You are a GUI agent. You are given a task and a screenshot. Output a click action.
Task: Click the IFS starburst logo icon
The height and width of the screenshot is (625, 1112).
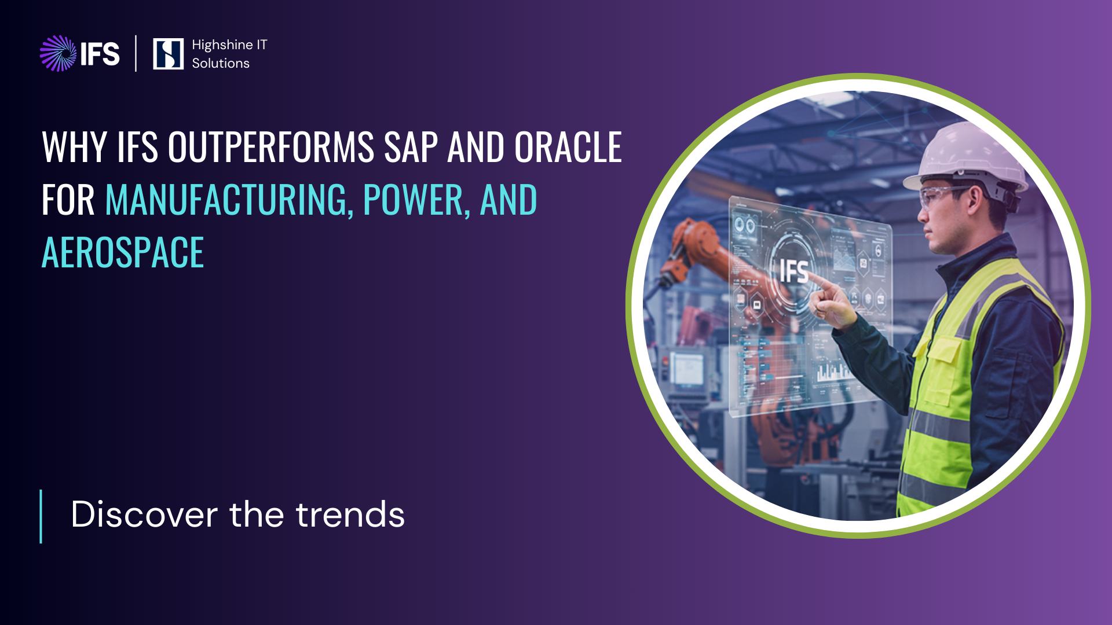pyautogui.click(x=58, y=53)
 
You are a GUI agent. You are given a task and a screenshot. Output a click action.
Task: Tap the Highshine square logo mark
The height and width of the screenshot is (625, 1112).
pyautogui.click(x=168, y=54)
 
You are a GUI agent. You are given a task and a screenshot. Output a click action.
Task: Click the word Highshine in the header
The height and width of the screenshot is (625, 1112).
pyautogui.click(x=222, y=46)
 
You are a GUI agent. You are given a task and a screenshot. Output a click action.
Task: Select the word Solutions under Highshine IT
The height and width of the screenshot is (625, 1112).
pyautogui.click(x=221, y=63)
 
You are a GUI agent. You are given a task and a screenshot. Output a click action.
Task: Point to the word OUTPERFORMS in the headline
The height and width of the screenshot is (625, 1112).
pyautogui.click(x=271, y=147)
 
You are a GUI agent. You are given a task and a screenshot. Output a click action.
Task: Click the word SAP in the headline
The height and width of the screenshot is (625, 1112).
pyautogui.click(x=411, y=147)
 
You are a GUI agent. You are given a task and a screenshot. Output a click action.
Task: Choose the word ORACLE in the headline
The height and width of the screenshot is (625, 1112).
pyautogui.click(x=568, y=147)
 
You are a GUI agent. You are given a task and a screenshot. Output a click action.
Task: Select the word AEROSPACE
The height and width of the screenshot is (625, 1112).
pyautogui.click(x=123, y=252)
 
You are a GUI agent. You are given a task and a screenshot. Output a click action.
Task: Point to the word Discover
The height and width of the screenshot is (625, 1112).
pyautogui.click(x=144, y=514)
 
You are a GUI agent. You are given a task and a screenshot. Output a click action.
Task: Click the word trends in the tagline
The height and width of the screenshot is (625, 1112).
pyautogui.click(x=350, y=514)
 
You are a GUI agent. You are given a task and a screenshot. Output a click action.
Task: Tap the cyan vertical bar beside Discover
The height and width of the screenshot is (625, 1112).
pyautogui.click(x=41, y=517)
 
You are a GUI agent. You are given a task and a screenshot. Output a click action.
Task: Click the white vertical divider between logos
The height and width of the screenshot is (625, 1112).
pyautogui.click(x=136, y=53)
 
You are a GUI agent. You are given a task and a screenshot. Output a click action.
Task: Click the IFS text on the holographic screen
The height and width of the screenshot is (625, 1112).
pyautogui.click(x=794, y=271)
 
